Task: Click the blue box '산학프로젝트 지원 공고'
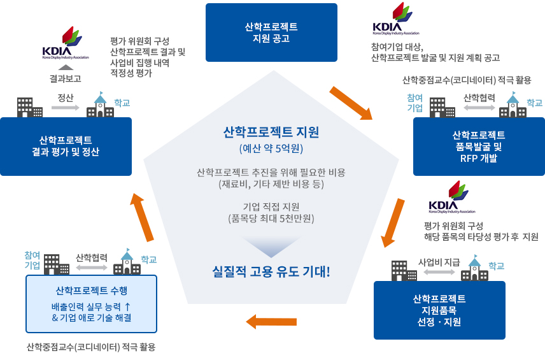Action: click(271, 32)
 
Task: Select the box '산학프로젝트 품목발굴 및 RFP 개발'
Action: click(479, 147)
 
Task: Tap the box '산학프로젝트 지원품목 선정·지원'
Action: click(439, 310)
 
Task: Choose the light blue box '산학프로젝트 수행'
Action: click(92, 304)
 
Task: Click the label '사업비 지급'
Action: click(439, 261)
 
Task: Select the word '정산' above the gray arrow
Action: click(66, 97)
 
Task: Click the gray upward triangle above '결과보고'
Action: click(66, 67)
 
